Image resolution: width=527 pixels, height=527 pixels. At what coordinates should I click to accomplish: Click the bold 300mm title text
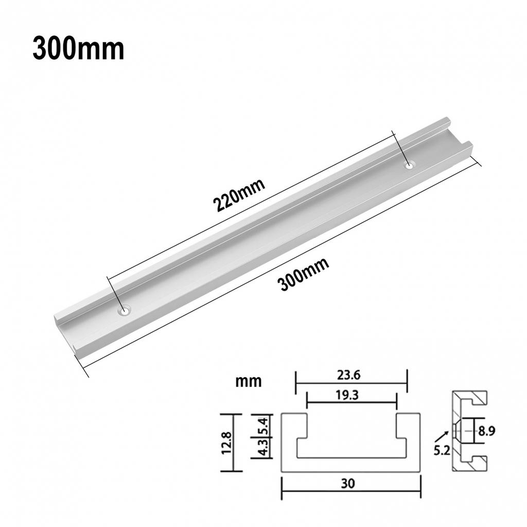coord(78,49)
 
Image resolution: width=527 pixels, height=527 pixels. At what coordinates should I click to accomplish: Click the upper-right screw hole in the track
coord(409,165)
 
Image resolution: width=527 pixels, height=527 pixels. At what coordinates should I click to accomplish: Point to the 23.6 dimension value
coord(349,375)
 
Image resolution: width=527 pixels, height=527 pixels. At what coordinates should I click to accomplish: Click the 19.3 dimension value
coord(347,395)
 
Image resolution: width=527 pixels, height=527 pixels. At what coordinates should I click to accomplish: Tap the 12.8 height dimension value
coord(227,443)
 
